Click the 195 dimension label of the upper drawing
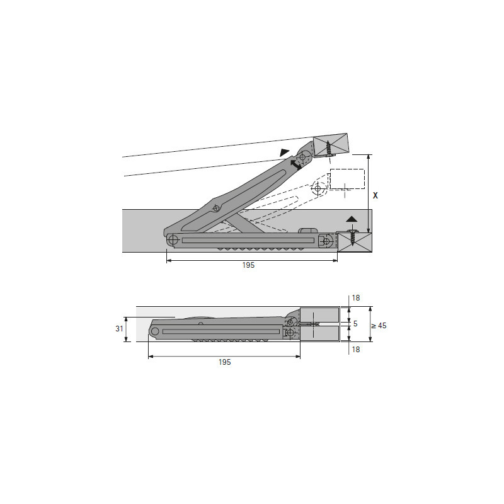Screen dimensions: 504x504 point(248,265)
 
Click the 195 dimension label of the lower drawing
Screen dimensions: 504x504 point(225,362)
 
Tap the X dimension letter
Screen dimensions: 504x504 point(375,195)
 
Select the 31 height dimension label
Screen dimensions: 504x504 point(120,329)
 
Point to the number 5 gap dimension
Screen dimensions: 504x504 point(355,324)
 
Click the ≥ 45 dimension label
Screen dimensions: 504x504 point(379,326)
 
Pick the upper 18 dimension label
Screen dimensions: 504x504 point(356,298)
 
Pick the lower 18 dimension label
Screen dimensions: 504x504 point(356,350)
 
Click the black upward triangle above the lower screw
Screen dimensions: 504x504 point(352,219)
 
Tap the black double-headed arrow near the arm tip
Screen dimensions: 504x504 point(295,165)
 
